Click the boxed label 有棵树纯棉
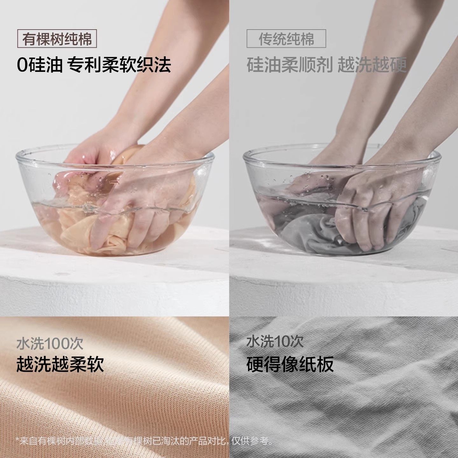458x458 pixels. pyautogui.click(x=57, y=39)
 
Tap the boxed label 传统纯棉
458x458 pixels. pyautogui.click(x=286, y=39)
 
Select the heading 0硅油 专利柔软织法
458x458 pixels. pyautogui.click(x=94, y=65)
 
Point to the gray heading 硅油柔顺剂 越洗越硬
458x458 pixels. pyautogui.click(x=327, y=65)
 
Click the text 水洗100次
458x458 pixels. pyautogui.click(x=50, y=343)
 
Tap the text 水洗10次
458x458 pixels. pyautogui.click(x=275, y=342)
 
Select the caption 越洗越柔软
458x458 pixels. pyautogui.click(x=60, y=364)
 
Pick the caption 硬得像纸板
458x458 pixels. pyautogui.click(x=290, y=364)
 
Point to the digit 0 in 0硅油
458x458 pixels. pyautogui.click(x=22, y=65)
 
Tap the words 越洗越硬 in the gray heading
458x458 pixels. pyautogui.click(x=372, y=65)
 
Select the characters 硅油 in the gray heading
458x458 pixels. pyautogui.click(x=264, y=65)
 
